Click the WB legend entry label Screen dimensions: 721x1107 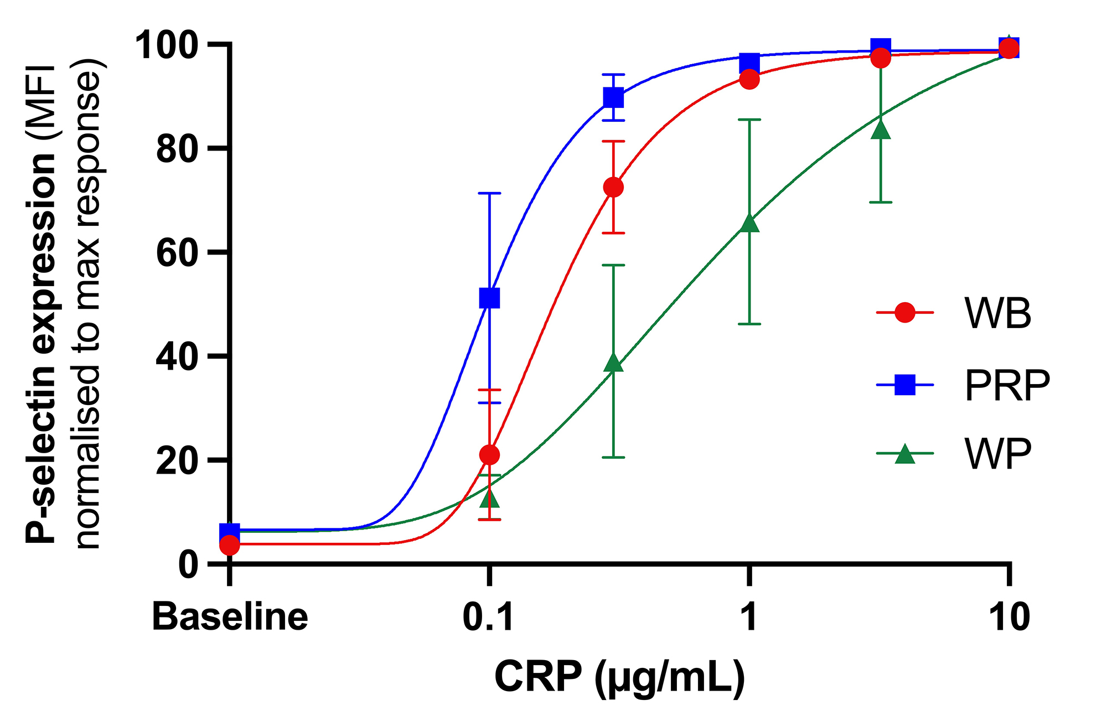[998, 313]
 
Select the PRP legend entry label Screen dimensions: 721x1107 [1007, 385]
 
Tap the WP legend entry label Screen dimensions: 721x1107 [998, 454]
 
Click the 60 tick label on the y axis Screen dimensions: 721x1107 [177, 253]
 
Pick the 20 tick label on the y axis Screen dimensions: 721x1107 [177, 461]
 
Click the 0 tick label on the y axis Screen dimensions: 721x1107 [188, 565]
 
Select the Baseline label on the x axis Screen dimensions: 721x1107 [230, 616]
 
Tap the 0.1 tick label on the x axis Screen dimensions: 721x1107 [488, 616]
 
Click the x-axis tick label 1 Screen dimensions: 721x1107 [749, 616]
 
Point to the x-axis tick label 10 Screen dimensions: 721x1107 [1009, 616]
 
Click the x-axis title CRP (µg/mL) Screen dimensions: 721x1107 [619, 677]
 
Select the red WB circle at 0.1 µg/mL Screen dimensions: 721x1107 [489, 455]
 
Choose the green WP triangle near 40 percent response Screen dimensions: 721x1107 [613, 362]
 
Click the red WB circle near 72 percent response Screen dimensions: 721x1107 [613, 188]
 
